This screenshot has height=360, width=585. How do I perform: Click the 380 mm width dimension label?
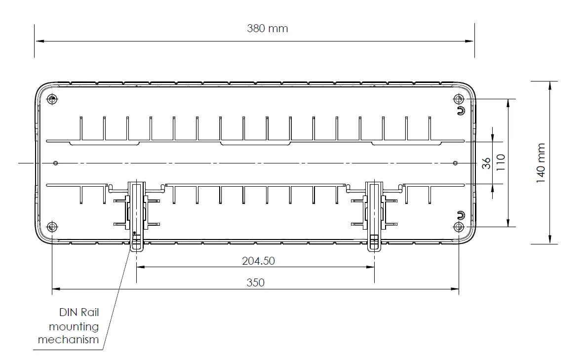267,28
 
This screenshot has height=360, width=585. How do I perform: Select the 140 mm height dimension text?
541,163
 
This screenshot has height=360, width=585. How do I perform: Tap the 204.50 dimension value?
258,261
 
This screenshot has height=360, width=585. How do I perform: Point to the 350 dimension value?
256,282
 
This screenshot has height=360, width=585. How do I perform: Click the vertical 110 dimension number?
501,162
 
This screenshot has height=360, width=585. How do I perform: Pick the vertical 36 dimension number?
487,163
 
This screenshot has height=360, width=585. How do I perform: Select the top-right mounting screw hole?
459,99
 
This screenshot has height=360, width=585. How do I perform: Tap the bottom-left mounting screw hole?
52,227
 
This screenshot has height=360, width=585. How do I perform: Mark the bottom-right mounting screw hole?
459,227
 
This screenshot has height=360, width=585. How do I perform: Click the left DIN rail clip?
137,215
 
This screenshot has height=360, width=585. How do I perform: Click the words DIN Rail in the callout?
79,312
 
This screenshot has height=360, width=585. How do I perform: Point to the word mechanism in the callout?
68,339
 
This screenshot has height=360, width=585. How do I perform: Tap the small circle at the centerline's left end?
56,163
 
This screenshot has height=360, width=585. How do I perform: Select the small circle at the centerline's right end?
455,163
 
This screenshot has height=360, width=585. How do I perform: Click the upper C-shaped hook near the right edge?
461,110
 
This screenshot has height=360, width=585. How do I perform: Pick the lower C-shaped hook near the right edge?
461,215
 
